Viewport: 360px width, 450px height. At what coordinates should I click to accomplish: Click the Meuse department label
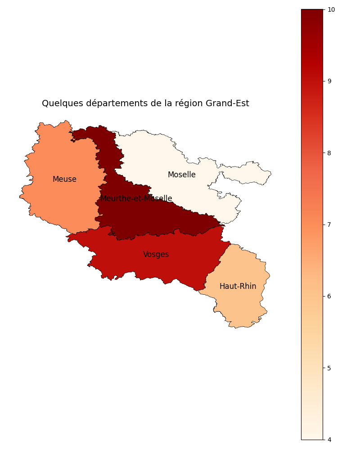coord(64,180)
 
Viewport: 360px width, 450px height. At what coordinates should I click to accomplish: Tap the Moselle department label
coord(181,175)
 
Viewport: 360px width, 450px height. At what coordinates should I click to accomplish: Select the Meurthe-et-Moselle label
coord(136,199)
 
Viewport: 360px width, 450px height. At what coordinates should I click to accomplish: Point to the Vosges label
coord(156,255)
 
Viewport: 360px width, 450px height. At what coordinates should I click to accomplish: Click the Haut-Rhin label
coord(238,287)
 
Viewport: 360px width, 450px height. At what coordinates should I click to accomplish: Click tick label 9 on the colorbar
coord(329,81)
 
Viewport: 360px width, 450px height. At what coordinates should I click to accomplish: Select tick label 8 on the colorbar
coord(329,153)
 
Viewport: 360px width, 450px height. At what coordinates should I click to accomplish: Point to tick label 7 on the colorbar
coord(329,225)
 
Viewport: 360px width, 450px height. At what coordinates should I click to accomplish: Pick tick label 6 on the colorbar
coord(329,296)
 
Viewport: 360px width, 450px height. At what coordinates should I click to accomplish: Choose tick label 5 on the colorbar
coord(329,368)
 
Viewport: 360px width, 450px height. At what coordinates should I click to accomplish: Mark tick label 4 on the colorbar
coord(329,440)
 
